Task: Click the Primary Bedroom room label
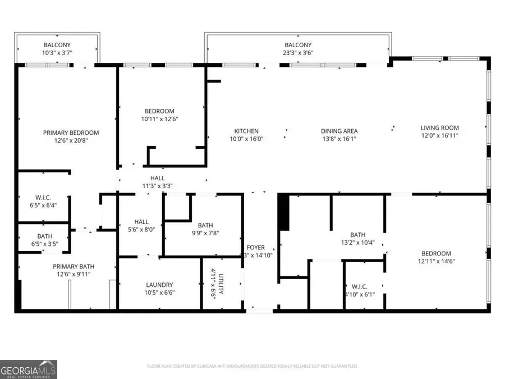pyautogui.click(x=71, y=133)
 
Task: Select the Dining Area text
pyautogui.click(x=339, y=131)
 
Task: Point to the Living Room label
pyautogui.click(x=440, y=127)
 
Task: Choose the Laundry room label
pyautogui.click(x=159, y=285)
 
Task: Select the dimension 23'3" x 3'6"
pyautogui.click(x=298, y=54)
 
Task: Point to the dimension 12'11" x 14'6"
pyautogui.click(x=436, y=262)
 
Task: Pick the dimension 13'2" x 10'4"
pyautogui.click(x=357, y=243)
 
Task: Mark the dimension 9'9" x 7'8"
pyautogui.click(x=204, y=233)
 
